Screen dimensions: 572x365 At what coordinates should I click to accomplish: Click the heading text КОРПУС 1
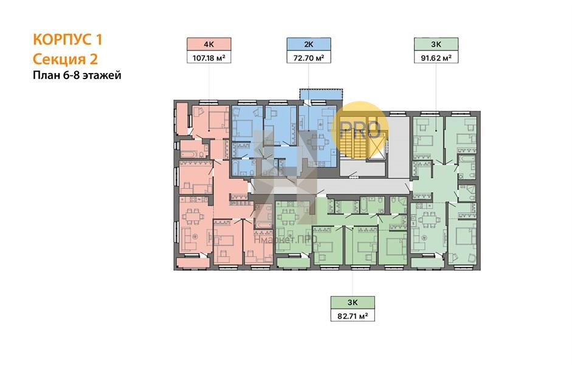[67, 40]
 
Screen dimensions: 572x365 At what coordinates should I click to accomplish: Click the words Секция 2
[65, 59]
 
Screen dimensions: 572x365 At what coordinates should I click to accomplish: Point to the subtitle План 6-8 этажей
[77, 75]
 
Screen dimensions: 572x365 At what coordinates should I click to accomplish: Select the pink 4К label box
[209, 44]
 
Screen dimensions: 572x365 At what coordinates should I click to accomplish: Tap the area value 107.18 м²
[209, 57]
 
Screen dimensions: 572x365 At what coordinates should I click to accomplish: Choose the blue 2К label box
[309, 44]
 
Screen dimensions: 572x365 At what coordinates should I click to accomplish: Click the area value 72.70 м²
[309, 57]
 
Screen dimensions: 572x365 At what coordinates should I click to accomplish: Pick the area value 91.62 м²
[436, 57]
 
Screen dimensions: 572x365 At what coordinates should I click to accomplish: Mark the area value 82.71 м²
[353, 316]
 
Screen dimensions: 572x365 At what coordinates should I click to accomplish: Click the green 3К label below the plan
[353, 302]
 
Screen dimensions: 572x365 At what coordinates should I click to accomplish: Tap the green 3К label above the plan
[436, 44]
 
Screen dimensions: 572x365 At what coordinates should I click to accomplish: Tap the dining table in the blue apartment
[315, 141]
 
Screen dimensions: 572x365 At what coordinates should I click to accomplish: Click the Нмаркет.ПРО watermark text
[286, 239]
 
